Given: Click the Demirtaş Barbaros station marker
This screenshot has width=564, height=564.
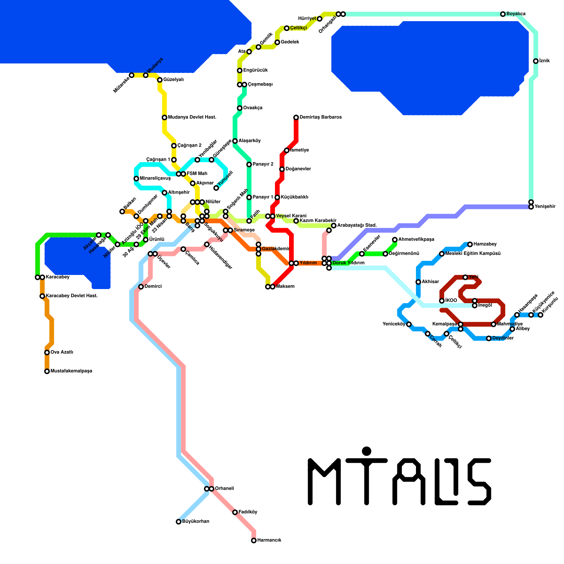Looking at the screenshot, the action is [x=296, y=117].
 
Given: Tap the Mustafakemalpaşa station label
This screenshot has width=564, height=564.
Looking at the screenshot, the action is [x=71, y=371].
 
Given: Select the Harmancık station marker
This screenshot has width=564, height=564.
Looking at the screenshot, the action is [x=254, y=540].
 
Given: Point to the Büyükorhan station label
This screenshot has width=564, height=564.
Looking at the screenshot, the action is [x=196, y=522].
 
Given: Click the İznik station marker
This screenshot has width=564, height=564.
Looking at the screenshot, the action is [x=536, y=61].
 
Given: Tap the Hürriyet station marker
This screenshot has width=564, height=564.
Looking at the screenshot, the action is [x=320, y=19].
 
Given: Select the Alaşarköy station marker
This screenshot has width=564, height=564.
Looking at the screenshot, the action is [x=235, y=141].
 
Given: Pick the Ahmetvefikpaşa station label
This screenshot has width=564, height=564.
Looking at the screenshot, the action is [x=416, y=240].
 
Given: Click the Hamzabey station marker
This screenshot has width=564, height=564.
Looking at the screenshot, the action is [x=470, y=244].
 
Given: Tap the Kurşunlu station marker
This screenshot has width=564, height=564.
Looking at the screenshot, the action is [x=540, y=315].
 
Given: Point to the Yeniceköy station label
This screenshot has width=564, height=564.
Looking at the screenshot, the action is [x=394, y=324].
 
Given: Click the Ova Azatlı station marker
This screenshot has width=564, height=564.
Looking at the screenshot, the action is [x=47, y=352].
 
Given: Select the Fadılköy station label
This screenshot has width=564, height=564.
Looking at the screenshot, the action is [x=248, y=512].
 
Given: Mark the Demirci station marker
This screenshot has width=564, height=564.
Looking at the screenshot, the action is [x=141, y=287].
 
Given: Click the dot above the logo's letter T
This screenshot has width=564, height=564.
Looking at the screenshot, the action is [x=367, y=451].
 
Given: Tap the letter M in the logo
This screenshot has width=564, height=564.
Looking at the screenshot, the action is [x=324, y=481].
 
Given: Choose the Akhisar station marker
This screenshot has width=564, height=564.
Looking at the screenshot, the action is [x=418, y=282].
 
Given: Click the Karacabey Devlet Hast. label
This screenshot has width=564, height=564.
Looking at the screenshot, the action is [x=72, y=296].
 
